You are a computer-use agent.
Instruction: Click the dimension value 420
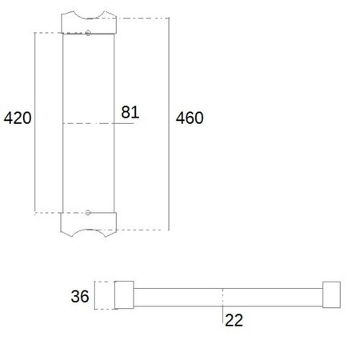[18, 118]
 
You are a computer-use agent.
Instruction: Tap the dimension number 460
[190, 118]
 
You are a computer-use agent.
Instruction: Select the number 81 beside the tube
[130, 112]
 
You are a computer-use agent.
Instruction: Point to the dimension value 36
[80, 296]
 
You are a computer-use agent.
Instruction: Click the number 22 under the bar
[234, 320]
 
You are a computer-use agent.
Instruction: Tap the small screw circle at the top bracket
[88, 33]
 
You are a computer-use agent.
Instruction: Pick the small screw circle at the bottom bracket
[88, 213]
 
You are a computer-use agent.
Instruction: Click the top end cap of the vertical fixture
[89, 22]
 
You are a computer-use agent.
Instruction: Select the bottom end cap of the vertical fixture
[89, 225]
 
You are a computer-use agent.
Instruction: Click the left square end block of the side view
[124, 294]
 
